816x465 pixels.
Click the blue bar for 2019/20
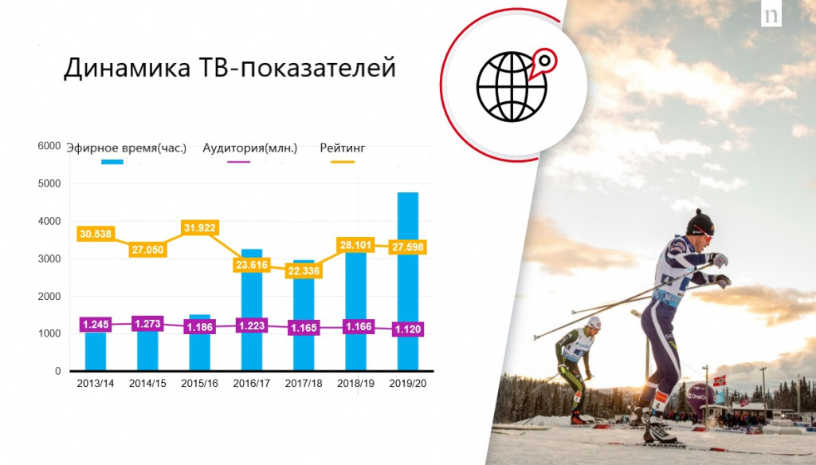click(407, 282)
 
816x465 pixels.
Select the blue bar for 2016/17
click(252, 309)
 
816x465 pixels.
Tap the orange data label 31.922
click(199, 228)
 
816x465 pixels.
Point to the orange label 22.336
click(304, 270)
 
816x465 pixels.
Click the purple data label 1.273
click(147, 324)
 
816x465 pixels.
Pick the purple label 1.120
click(407, 329)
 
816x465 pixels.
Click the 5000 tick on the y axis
click(49, 183)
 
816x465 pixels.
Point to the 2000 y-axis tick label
click(49, 296)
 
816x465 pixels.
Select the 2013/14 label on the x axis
click(96, 384)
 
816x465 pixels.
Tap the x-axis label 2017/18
click(304, 384)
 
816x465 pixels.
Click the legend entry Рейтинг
click(343, 148)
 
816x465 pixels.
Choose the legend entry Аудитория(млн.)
click(249, 148)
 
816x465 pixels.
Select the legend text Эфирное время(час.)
click(127, 148)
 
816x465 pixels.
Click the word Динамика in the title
click(127, 69)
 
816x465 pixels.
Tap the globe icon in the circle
click(512, 86)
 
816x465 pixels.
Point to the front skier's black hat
click(700, 223)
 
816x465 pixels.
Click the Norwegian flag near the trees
click(720, 380)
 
